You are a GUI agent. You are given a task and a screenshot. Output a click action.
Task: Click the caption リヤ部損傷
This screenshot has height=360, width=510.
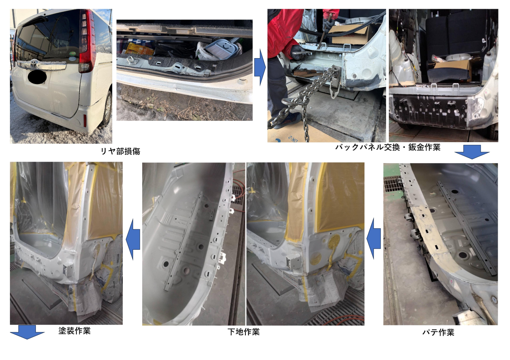(x=120, y=151)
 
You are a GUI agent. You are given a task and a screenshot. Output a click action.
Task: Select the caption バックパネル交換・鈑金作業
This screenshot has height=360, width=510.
(x=388, y=147)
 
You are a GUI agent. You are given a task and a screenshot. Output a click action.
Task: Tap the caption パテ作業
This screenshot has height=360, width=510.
(x=438, y=333)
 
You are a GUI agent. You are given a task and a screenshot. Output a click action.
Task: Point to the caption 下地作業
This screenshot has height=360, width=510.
(x=243, y=332)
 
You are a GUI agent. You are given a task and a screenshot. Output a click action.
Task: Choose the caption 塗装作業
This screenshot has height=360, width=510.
(x=75, y=331)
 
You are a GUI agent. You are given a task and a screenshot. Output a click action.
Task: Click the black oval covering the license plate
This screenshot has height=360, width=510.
(x=37, y=77)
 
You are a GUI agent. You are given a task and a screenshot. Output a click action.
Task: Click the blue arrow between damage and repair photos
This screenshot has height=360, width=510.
(x=260, y=67)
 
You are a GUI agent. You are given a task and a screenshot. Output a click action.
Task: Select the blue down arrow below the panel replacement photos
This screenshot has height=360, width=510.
(x=472, y=152)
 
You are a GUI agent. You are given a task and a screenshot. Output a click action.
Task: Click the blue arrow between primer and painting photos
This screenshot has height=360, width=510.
(x=133, y=239)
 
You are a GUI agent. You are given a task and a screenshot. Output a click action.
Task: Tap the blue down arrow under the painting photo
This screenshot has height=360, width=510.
(x=27, y=332)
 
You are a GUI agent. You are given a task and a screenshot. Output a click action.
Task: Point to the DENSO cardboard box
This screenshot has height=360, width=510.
(x=349, y=35)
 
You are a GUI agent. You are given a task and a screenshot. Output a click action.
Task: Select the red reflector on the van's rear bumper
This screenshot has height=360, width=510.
(x=85, y=121)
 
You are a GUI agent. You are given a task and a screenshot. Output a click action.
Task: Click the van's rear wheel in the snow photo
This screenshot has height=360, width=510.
(x=108, y=109)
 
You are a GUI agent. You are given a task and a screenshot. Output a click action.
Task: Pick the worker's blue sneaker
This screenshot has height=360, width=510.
(x=290, y=121)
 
